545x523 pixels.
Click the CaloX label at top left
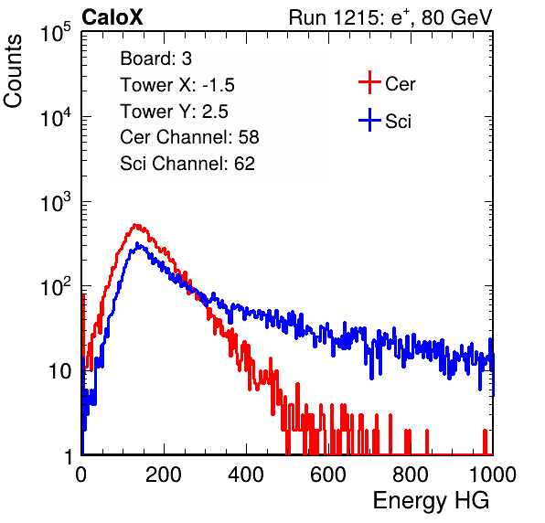tap(112, 17)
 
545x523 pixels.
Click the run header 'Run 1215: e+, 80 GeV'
tap(390, 17)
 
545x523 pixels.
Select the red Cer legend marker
tap(369, 82)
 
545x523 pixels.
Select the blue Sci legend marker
tap(369, 120)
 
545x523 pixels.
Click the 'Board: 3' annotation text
tap(155, 59)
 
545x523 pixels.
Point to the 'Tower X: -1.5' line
tap(177, 85)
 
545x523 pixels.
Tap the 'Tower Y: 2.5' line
tap(174, 112)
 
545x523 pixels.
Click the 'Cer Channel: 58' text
tap(189, 137)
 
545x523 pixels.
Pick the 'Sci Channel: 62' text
tap(187, 164)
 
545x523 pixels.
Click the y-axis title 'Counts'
tap(13, 70)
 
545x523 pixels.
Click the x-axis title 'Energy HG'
tap(431, 501)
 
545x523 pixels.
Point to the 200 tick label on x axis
tap(164, 475)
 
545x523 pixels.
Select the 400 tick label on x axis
tap(246, 475)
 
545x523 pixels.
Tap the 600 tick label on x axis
tap(328, 475)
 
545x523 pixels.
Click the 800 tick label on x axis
tap(411, 475)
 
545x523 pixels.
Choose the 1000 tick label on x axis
tap(493, 475)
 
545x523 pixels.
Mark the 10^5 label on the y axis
tap(56, 33)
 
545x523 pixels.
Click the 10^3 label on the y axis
tap(56, 203)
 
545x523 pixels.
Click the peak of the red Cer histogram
tap(136, 226)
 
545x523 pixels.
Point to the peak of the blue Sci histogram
tap(137, 244)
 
